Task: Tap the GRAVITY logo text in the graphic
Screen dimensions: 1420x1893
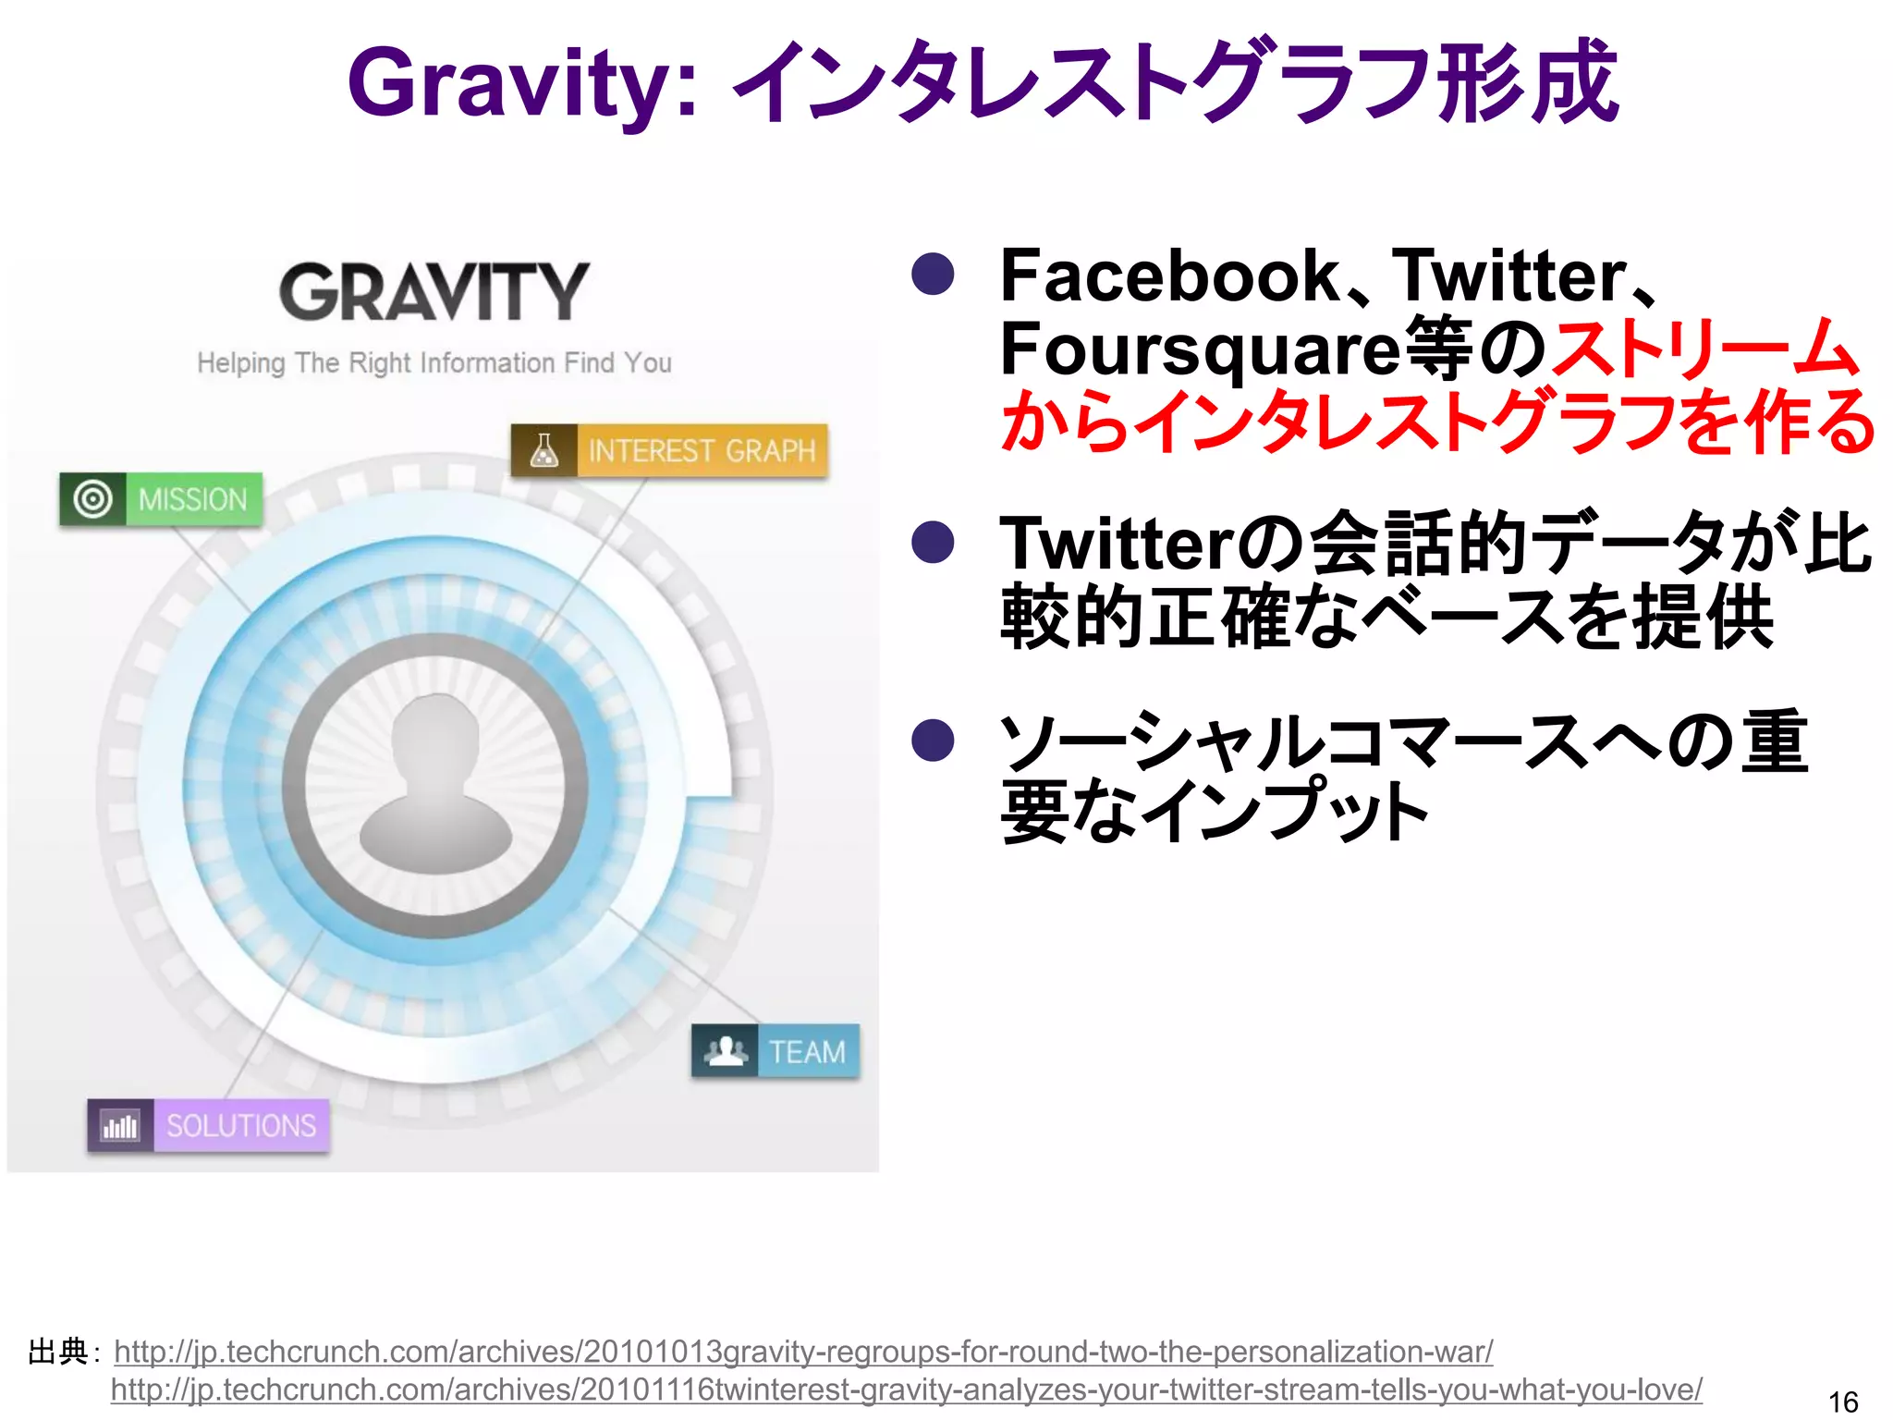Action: pyautogui.click(x=434, y=292)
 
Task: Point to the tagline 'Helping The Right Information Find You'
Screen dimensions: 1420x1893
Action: pyautogui.click(x=434, y=363)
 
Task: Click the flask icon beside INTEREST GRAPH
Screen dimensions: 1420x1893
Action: pyautogui.click(x=544, y=451)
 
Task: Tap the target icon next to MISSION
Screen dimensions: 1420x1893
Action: pyautogui.click(x=92, y=500)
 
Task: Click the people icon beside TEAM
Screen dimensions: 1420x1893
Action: pyautogui.click(x=726, y=1051)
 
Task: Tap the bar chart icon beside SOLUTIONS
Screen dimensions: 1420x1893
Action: pyautogui.click(x=121, y=1126)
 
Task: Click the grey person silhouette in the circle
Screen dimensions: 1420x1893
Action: pyautogui.click(x=434, y=786)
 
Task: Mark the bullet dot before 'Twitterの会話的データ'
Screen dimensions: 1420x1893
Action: pyautogui.click(x=933, y=542)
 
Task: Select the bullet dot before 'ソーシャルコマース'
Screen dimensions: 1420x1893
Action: pyautogui.click(x=933, y=741)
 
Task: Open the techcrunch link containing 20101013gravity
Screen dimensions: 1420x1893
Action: pyautogui.click(x=802, y=1353)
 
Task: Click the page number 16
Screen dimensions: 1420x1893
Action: pyautogui.click(x=1843, y=1402)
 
